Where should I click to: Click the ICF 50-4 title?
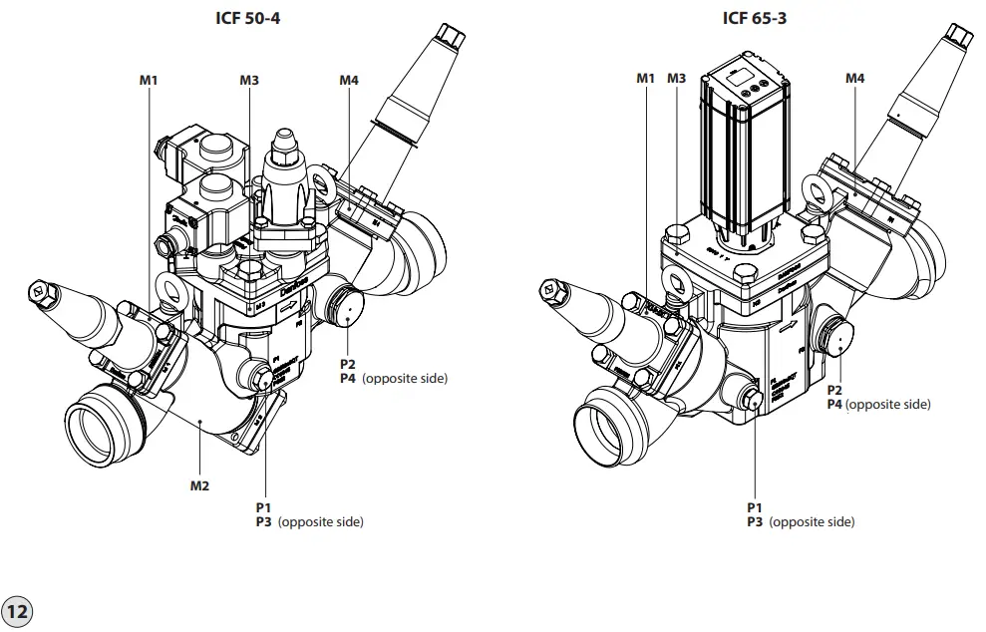(x=247, y=18)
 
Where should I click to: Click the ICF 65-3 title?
(x=754, y=18)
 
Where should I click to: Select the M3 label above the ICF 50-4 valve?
(x=249, y=80)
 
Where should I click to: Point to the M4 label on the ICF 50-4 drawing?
(x=349, y=80)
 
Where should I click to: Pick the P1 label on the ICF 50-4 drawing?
(x=264, y=507)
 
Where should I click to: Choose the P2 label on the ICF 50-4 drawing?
(x=348, y=364)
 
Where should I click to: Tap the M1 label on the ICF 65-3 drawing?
(x=646, y=78)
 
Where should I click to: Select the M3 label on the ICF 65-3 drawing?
(x=677, y=78)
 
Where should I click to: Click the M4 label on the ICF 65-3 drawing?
(x=855, y=78)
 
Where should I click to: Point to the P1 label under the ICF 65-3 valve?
(x=755, y=507)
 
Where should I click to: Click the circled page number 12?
(x=17, y=610)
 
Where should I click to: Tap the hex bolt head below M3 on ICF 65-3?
(x=677, y=235)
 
